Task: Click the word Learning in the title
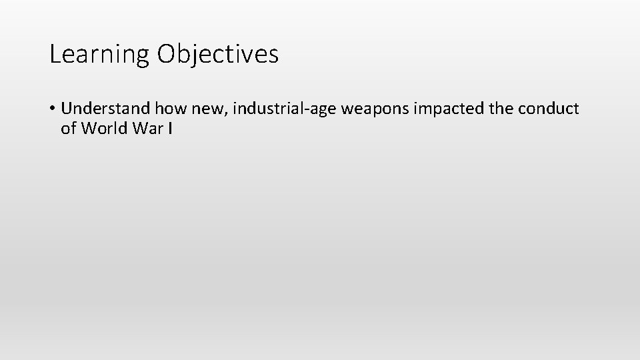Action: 100,55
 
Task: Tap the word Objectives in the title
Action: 218,55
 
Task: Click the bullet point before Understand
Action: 52,108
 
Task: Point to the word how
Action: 172,108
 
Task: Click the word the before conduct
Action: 502,108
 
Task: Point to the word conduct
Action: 550,108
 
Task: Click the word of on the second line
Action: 68,128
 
